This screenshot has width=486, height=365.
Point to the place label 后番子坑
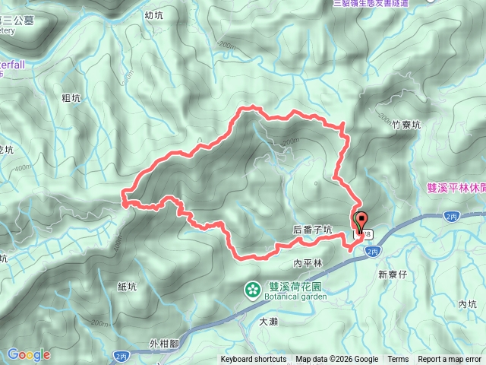(312, 229)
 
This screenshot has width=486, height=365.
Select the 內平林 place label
(308, 264)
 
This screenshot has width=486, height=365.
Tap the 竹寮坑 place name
(406, 125)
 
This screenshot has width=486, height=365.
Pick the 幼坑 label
(153, 15)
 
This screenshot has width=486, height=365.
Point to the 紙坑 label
(127, 287)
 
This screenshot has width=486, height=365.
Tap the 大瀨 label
(268, 322)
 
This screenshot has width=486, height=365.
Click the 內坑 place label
(467, 304)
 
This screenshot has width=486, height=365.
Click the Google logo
(28, 354)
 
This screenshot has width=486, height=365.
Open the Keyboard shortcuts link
(254, 360)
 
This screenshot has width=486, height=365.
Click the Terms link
(398, 360)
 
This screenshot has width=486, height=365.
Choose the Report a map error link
(450, 360)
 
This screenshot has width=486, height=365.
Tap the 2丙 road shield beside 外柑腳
(121, 355)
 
